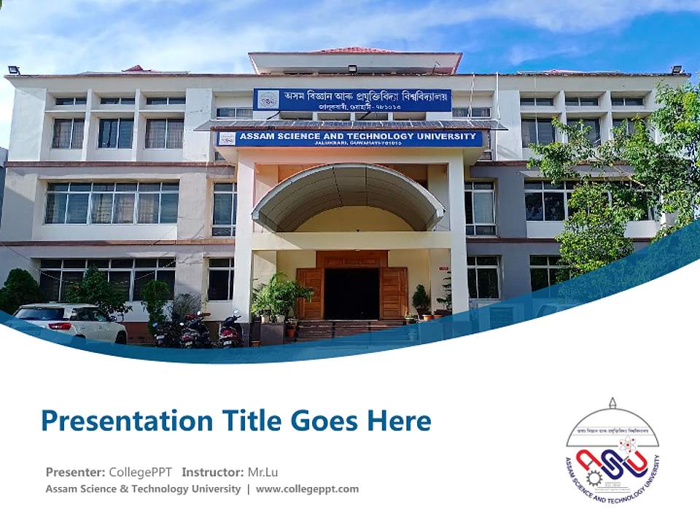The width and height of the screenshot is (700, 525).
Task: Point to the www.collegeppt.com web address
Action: point(307,489)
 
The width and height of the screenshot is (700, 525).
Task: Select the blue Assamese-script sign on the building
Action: point(351,100)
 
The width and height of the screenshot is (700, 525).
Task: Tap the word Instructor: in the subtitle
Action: point(212,472)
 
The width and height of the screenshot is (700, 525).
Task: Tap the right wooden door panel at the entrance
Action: point(394,292)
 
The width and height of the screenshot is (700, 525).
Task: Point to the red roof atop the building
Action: point(354,51)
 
